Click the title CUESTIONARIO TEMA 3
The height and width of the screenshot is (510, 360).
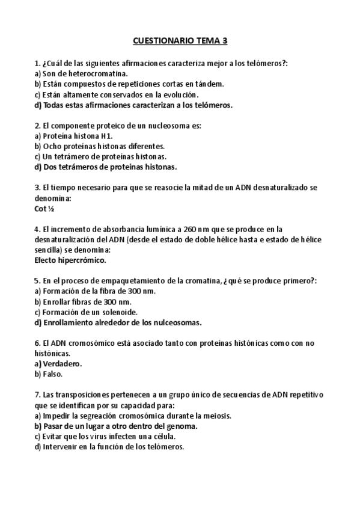point(180,42)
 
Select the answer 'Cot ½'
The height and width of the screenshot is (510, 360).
point(45,209)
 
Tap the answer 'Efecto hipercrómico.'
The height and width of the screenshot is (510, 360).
point(70,260)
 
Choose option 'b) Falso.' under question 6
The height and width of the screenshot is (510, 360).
point(49,373)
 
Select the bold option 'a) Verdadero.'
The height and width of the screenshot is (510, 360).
point(58,363)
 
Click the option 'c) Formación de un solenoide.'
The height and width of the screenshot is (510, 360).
point(86,312)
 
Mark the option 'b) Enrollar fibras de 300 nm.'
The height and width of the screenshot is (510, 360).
point(83,301)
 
